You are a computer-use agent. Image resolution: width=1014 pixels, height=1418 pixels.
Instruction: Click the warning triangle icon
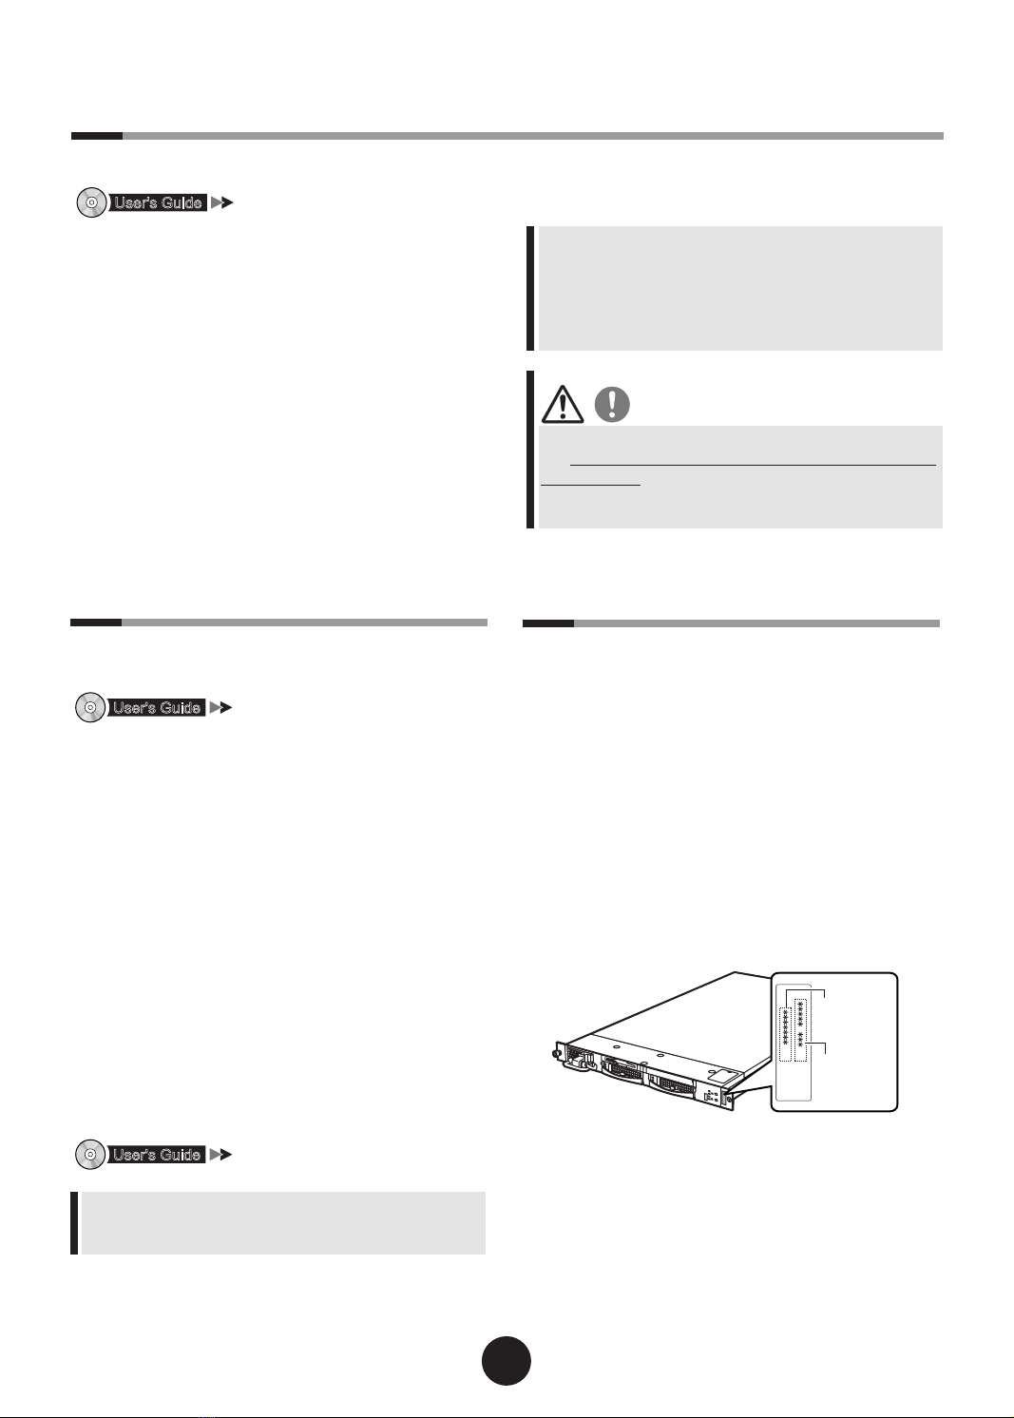click(562, 404)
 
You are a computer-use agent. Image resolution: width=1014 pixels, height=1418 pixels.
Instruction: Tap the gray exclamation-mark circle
click(612, 404)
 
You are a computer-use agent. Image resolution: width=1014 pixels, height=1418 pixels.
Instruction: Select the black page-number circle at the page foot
click(507, 1361)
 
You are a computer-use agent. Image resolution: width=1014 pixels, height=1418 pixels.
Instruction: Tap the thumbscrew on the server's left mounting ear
click(555, 1054)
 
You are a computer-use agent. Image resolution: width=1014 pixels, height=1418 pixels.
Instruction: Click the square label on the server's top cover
click(720, 1074)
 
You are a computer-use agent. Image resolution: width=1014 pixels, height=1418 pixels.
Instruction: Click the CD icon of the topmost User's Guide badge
click(92, 202)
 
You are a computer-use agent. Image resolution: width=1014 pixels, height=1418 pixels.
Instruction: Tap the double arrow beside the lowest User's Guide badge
click(220, 1155)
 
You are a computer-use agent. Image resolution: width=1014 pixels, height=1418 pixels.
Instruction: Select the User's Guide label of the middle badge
click(157, 708)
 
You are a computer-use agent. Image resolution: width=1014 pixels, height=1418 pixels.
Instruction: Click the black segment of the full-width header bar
click(96, 136)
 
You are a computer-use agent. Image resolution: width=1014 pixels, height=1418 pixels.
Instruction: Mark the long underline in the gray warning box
click(754, 466)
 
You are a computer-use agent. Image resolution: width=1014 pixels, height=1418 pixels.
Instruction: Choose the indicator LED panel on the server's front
click(711, 1097)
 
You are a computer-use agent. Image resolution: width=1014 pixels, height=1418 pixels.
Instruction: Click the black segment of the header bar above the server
click(548, 623)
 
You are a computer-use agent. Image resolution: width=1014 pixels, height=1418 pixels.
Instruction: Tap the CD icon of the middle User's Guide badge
click(90, 708)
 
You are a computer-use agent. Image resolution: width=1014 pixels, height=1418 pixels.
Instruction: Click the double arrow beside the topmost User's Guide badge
click(222, 202)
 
